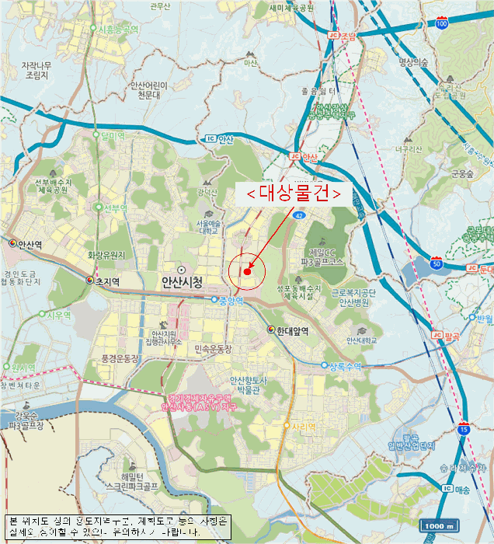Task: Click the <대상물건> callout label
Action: click(294, 194)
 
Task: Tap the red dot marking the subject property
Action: click(246, 271)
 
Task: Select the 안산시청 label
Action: click(182, 282)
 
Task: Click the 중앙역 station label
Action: click(232, 300)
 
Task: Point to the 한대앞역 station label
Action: click(291, 330)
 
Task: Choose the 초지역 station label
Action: click(108, 281)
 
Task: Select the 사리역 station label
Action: click(303, 426)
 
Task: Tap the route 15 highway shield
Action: click(464, 428)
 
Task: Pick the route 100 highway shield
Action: click(441, 25)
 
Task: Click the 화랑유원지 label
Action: click(106, 255)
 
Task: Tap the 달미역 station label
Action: click(112, 136)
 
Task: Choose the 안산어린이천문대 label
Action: click(148, 90)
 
